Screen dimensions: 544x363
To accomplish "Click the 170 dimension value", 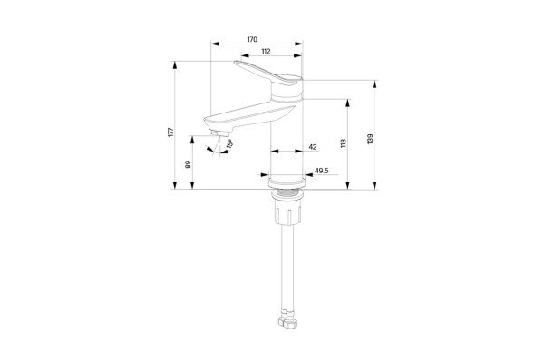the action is pos(252,39).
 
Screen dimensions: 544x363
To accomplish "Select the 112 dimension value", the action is pos(266,51).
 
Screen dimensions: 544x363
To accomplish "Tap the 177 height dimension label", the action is pos(170,132).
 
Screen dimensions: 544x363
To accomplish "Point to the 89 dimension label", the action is pos(188,164).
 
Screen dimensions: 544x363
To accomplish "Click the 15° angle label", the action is pos(229,143).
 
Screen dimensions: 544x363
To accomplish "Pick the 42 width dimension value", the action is pos(313,147).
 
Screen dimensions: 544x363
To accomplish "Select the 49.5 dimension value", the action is pos(322,171).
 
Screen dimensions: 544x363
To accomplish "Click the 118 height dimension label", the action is pos(344,143).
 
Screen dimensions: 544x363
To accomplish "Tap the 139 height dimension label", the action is pos(370,139).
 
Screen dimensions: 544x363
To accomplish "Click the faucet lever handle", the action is pos(267,73).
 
